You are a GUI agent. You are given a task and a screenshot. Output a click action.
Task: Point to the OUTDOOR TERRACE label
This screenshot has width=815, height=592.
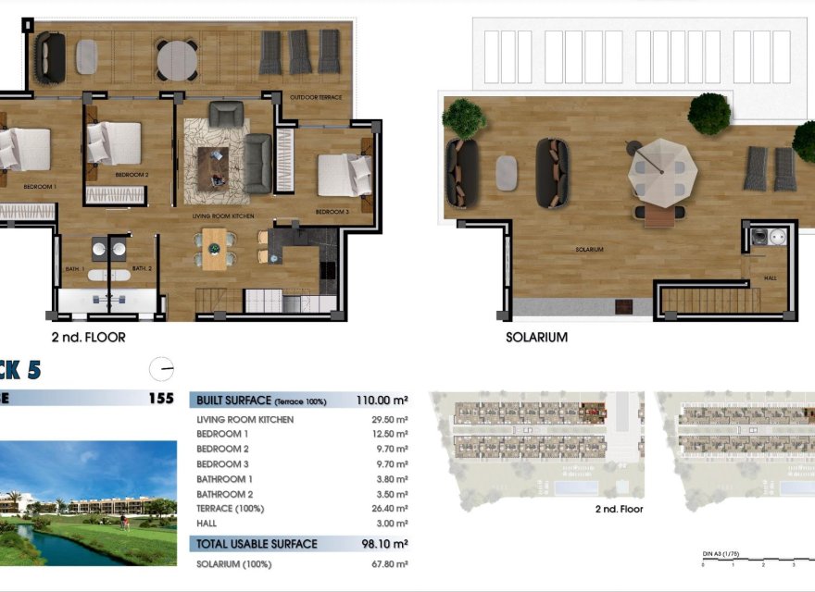316,97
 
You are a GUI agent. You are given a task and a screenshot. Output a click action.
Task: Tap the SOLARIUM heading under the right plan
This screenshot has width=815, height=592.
536,338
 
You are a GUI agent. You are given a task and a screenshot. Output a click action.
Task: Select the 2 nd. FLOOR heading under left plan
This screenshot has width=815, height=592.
89,338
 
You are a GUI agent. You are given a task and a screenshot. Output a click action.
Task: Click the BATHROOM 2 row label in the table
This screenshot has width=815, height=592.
224,494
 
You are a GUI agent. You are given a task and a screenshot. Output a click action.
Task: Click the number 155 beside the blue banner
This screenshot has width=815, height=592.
161,400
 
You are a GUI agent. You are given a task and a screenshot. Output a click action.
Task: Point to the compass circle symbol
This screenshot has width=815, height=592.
161,368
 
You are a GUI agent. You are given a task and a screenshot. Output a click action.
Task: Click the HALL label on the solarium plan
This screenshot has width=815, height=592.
770,277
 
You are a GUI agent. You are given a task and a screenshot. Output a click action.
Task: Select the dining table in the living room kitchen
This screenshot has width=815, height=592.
214,248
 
